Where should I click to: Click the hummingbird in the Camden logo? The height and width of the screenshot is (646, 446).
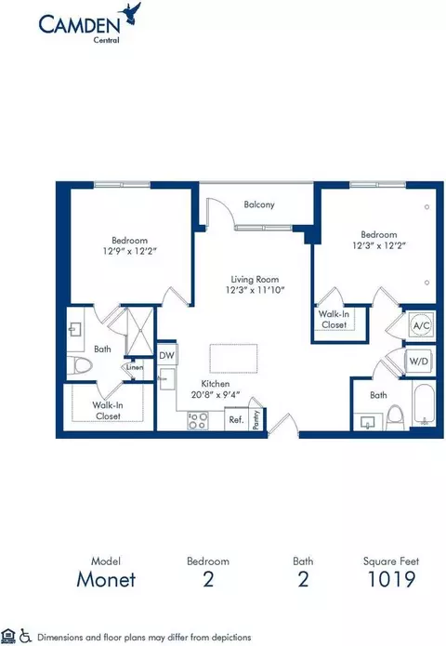(130, 13)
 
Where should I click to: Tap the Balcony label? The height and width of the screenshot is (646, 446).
(259, 204)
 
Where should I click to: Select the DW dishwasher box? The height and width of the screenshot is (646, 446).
(167, 356)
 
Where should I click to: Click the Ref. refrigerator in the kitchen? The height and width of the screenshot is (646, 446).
(236, 419)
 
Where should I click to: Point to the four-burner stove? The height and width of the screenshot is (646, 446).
(198, 421)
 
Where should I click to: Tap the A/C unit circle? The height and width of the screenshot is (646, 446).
(421, 325)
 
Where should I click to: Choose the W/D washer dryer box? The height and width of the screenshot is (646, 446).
(418, 362)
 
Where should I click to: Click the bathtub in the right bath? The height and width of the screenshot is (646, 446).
(424, 404)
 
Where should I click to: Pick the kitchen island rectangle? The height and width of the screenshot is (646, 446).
(233, 359)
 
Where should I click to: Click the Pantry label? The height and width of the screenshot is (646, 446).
(256, 419)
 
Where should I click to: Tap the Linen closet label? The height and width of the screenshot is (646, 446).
(135, 367)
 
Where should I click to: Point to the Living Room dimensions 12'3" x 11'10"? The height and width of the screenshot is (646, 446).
(255, 290)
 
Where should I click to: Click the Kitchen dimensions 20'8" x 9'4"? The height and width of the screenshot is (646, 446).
(216, 395)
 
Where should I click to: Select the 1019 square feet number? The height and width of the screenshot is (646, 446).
(391, 579)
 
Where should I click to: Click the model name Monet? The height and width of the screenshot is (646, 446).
(106, 579)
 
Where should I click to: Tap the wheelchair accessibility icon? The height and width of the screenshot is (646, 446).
(26, 636)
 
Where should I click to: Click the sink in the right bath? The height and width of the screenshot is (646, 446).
(367, 422)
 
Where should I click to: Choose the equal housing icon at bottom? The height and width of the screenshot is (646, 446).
(8, 636)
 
